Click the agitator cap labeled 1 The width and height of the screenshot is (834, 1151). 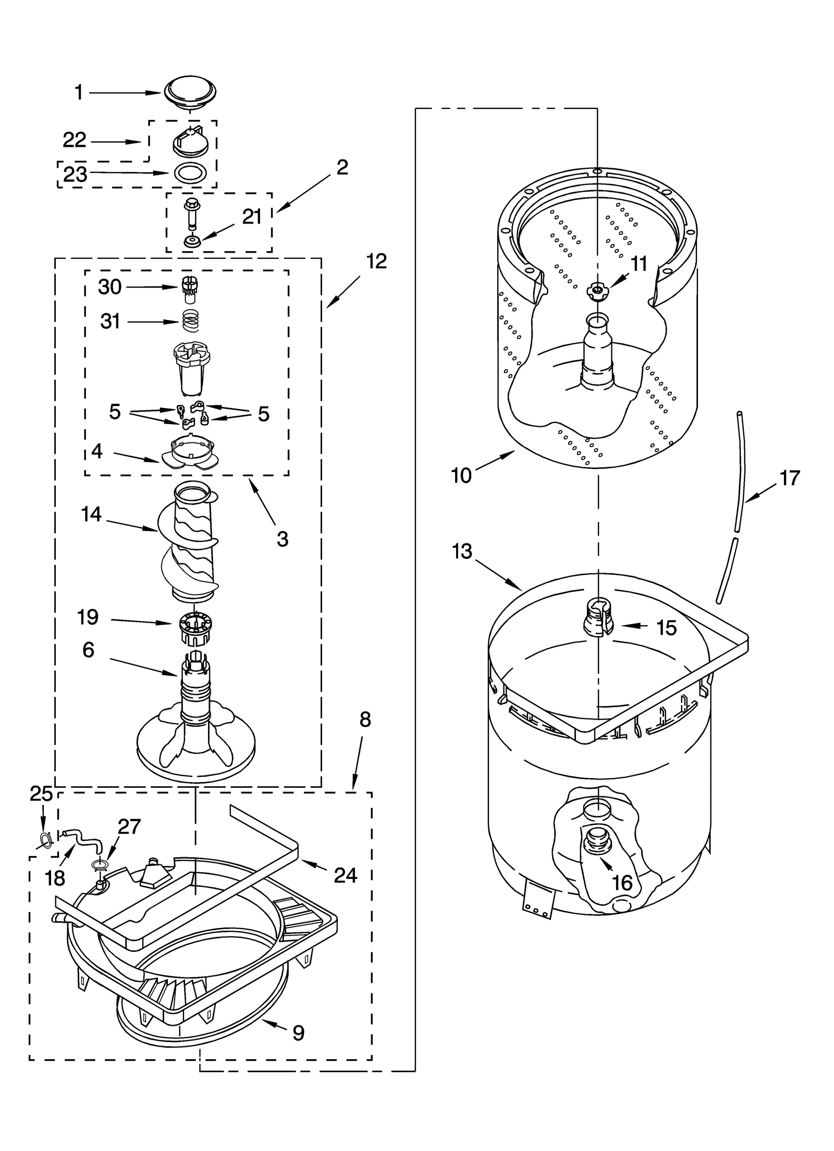click(190, 93)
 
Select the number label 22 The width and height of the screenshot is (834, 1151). click(75, 140)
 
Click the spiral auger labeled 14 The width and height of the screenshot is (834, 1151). click(192, 542)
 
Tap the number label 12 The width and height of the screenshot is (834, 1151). click(376, 262)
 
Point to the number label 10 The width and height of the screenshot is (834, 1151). click(461, 475)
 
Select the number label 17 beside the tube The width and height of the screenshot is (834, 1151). click(789, 478)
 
